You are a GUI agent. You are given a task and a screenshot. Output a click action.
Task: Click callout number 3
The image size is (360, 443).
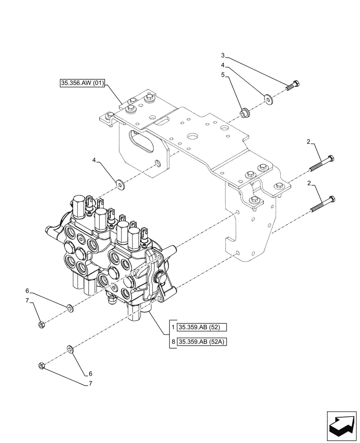click(x=223, y=55)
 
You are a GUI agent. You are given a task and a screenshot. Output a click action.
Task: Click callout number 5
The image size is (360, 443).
click(x=223, y=76)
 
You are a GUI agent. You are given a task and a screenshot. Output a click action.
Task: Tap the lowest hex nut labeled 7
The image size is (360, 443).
click(x=40, y=366)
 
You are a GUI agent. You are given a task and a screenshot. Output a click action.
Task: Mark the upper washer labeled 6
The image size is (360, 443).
click(x=70, y=307)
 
